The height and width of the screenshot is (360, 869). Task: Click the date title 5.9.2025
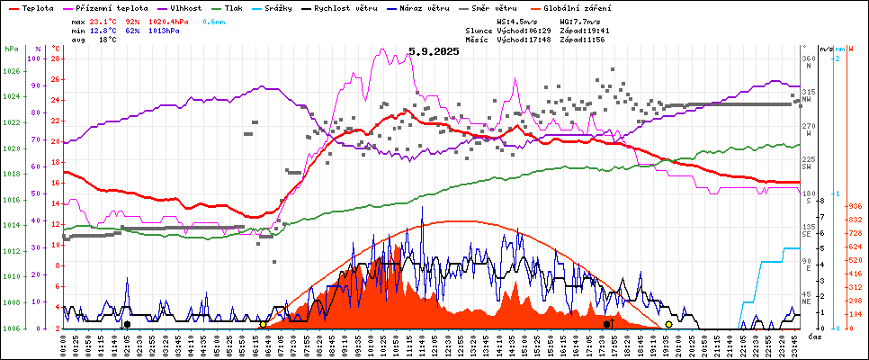coord(433,51)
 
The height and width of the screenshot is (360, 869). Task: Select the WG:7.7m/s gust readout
coord(578,21)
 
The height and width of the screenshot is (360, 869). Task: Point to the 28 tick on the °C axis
coord(56,59)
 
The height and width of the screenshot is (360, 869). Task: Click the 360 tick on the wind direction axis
coord(808,59)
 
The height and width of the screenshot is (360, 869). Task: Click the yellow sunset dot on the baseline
coord(668,324)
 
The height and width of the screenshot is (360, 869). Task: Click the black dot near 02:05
coord(127,324)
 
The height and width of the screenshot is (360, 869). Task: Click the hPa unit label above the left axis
coord(11,49)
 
